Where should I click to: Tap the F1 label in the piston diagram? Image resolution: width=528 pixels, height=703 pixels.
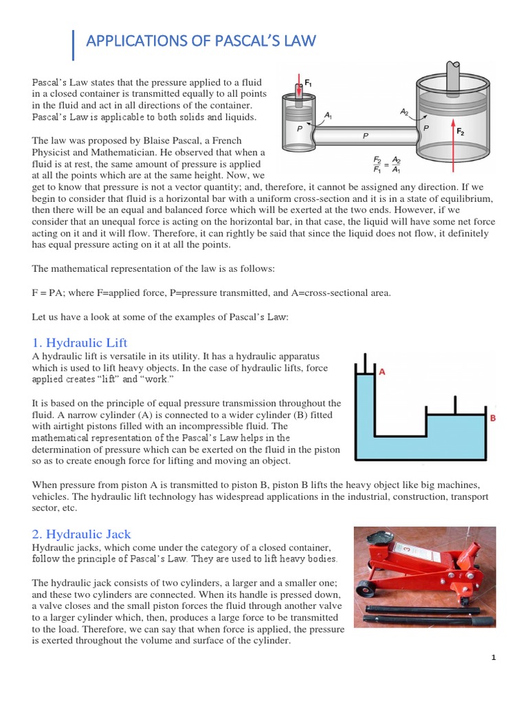(309, 82)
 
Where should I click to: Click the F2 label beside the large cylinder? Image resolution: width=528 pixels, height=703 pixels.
(461, 130)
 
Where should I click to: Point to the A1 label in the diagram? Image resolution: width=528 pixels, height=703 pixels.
(328, 116)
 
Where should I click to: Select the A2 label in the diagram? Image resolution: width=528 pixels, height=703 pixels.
(404, 110)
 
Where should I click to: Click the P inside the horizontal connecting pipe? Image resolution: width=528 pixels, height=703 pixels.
(366, 136)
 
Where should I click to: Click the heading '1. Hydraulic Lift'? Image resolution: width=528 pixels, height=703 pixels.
(80, 343)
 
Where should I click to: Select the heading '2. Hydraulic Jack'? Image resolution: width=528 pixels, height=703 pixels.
(81, 533)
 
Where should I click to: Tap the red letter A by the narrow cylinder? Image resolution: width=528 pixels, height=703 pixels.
(382, 371)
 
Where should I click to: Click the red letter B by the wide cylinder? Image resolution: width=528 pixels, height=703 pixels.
(492, 417)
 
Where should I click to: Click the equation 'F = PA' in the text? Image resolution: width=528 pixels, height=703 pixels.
(47, 293)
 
